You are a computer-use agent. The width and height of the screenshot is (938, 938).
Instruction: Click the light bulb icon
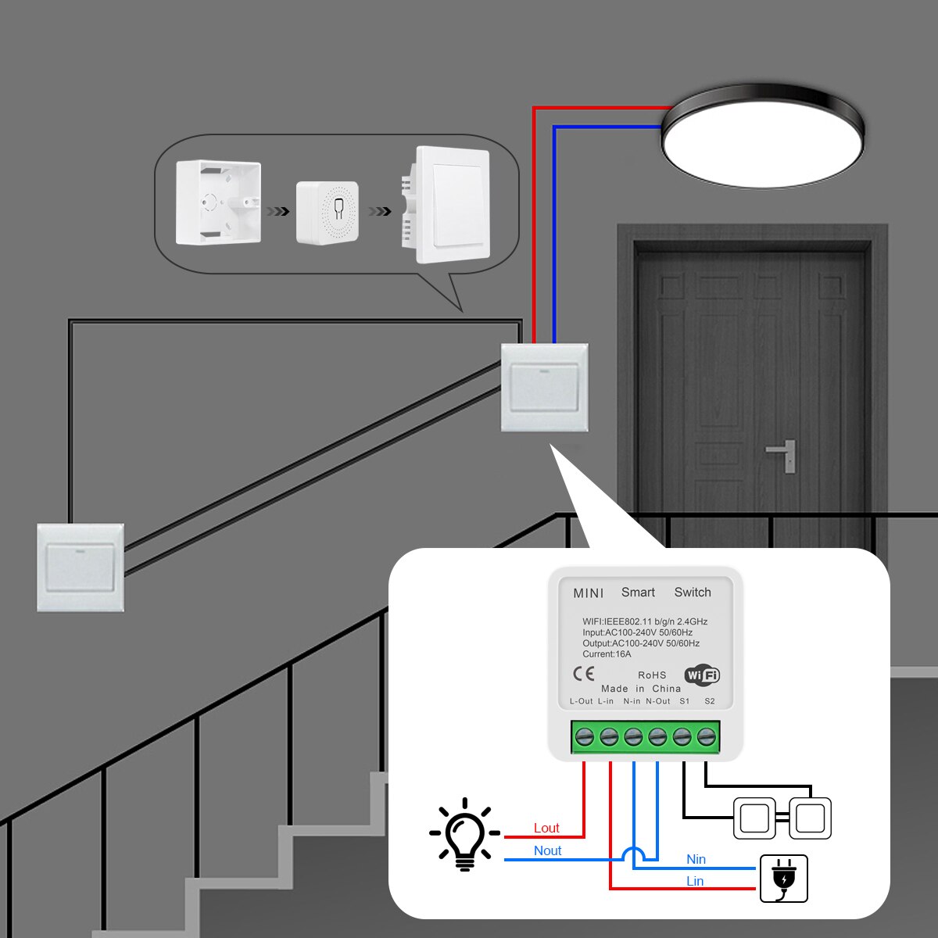click(x=465, y=836)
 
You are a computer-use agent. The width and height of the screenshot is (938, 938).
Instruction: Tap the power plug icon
click(x=784, y=879)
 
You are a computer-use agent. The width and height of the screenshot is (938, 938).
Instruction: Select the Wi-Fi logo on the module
click(x=702, y=675)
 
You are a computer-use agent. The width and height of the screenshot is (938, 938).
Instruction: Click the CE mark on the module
click(x=584, y=674)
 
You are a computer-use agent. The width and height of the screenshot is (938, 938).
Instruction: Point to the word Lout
click(x=546, y=829)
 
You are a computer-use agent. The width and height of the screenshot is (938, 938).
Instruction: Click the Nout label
click(x=547, y=850)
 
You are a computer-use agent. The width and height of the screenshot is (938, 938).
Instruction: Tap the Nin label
click(x=696, y=859)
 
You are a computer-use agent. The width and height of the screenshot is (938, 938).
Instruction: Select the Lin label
click(x=695, y=881)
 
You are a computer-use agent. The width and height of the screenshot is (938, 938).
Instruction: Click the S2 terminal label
click(x=709, y=701)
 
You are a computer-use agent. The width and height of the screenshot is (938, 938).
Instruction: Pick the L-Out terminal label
click(x=582, y=701)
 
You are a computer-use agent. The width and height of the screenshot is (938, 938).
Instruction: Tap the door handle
click(x=782, y=453)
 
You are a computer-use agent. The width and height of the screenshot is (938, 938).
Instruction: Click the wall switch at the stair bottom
click(x=81, y=567)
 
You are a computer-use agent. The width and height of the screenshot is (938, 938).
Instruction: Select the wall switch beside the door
click(x=544, y=388)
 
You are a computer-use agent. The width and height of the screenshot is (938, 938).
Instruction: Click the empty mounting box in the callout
click(x=218, y=202)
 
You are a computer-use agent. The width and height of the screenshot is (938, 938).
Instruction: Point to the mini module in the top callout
click(x=328, y=213)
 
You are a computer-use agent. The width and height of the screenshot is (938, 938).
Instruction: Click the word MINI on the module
click(x=588, y=593)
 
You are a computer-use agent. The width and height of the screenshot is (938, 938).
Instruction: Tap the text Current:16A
click(x=607, y=654)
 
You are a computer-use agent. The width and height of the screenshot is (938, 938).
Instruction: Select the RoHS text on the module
click(x=652, y=675)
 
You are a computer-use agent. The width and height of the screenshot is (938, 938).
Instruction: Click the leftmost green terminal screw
click(x=584, y=736)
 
